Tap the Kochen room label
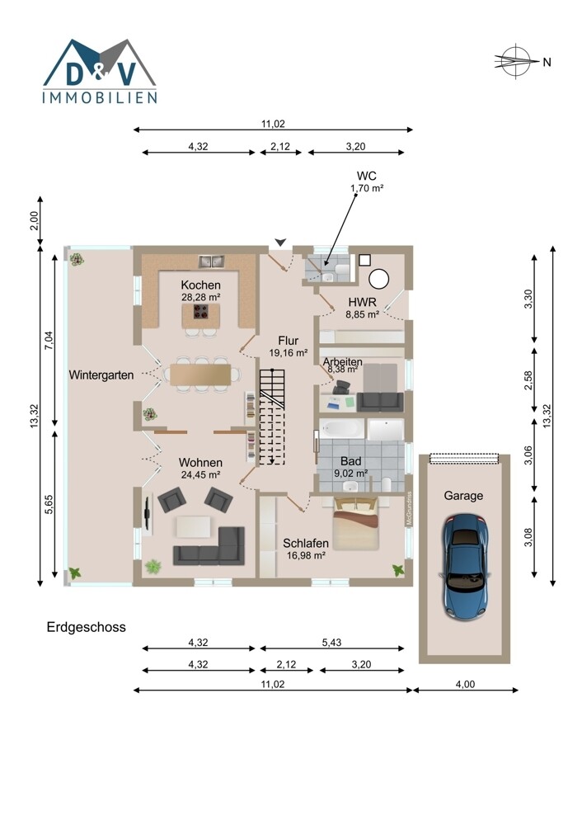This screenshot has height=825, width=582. (200, 285)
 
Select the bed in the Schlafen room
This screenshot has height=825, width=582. (355, 523)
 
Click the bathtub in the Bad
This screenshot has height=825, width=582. (342, 429)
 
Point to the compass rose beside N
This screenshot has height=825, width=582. (514, 61)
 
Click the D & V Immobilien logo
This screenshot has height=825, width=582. (100, 71)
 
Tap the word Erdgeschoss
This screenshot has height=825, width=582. (87, 627)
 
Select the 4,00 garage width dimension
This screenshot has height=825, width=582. (465, 685)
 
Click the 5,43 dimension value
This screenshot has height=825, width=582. (331, 643)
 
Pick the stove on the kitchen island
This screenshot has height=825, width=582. (201, 313)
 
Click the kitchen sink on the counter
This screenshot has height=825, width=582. (211, 261)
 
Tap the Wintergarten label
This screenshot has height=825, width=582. (101, 375)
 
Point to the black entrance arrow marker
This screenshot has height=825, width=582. (281, 242)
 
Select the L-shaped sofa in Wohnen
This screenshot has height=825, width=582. (209, 546)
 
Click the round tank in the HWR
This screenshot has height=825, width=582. (378, 279)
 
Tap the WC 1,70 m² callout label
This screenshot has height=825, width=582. (367, 181)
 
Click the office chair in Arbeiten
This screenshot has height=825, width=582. (342, 388)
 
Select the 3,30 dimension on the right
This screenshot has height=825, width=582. (529, 299)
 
